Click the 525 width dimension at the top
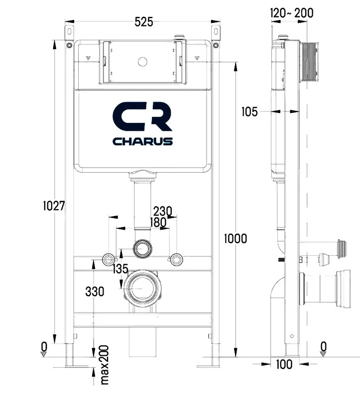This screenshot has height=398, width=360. (144, 22)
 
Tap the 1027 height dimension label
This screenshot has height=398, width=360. (54, 205)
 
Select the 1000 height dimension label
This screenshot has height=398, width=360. (235, 239)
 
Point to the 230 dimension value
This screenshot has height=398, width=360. (163, 211)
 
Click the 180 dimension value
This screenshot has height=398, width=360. (158, 222)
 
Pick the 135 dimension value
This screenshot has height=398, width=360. (120, 269)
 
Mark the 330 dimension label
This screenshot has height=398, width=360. (95, 292)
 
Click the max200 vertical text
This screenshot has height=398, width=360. (105, 365)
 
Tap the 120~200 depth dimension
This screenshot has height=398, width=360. (292, 13)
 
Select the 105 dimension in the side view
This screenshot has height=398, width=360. (249, 111)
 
